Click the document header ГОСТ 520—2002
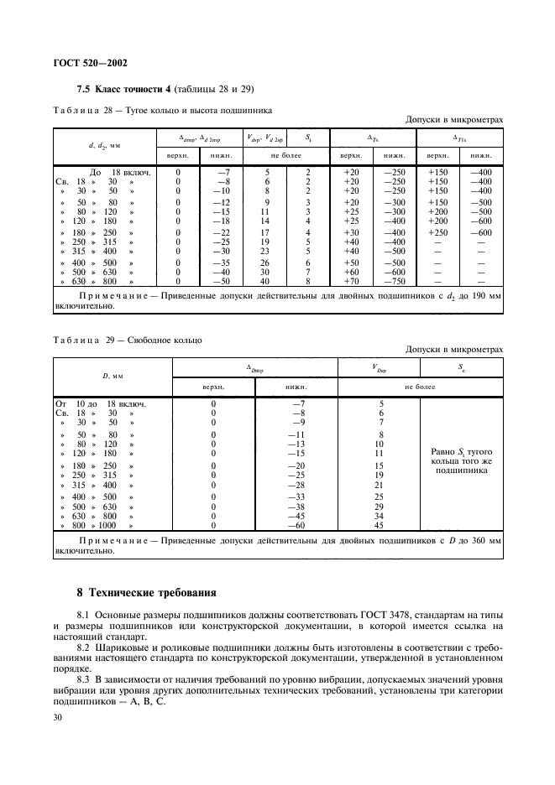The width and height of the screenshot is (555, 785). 91,62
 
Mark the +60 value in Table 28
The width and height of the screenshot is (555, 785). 351,272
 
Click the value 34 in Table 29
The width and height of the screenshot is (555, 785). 380,517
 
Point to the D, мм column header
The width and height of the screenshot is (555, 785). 112,377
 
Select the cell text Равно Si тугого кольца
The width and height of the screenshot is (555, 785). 460,458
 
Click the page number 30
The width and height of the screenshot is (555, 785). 58,717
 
